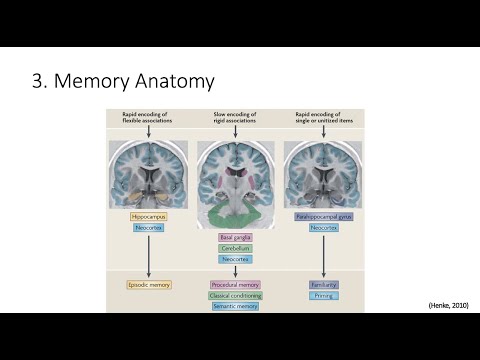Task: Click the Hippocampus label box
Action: pyautogui.click(x=147, y=215)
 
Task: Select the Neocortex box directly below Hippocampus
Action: pyautogui.click(x=147, y=228)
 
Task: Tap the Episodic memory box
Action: pyautogui.click(x=147, y=284)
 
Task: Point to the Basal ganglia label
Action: pyautogui.click(x=235, y=237)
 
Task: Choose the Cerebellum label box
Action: pyautogui.click(x=235, y=248)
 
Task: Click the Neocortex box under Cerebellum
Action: pyautogui.click(x=235, y=259)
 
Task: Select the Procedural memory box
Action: pyautogui.click(x=235, y=284)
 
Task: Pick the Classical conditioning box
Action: pyautogui.click(x=235, y=295)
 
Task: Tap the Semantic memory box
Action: pyautogui.click(x=235, y=306)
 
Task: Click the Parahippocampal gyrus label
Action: pyautogui.click(x=324, y=215)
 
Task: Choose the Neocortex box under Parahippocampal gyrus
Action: pyautogui.click(x=324, y=228)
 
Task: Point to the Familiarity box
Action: pyautogui.click(x=324, y=284)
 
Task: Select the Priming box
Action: pyautogui.click(x=324, y=295)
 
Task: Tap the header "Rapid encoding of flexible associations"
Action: pyautogui.click(x=147, y=120)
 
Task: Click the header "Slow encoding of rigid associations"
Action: pyautogui.click(x=235, y=120)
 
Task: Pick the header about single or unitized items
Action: pyautogui.click(x=324, y=120)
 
